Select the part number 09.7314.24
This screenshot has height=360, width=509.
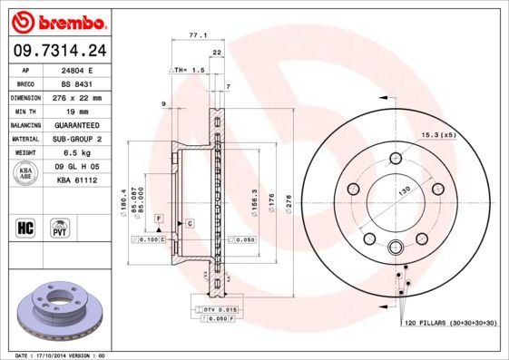point(59,51)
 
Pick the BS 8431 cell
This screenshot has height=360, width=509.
point(84,83)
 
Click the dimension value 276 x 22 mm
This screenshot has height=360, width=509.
point(84,97)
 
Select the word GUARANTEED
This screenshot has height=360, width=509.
point(84,125)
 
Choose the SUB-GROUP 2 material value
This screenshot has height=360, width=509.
point(84,139)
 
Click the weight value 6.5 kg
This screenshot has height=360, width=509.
point(84,153)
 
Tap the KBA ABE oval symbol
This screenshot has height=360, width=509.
point(26,174)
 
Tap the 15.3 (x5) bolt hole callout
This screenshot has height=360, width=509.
point(437,135)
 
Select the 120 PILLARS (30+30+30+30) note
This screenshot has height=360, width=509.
point(449,323)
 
